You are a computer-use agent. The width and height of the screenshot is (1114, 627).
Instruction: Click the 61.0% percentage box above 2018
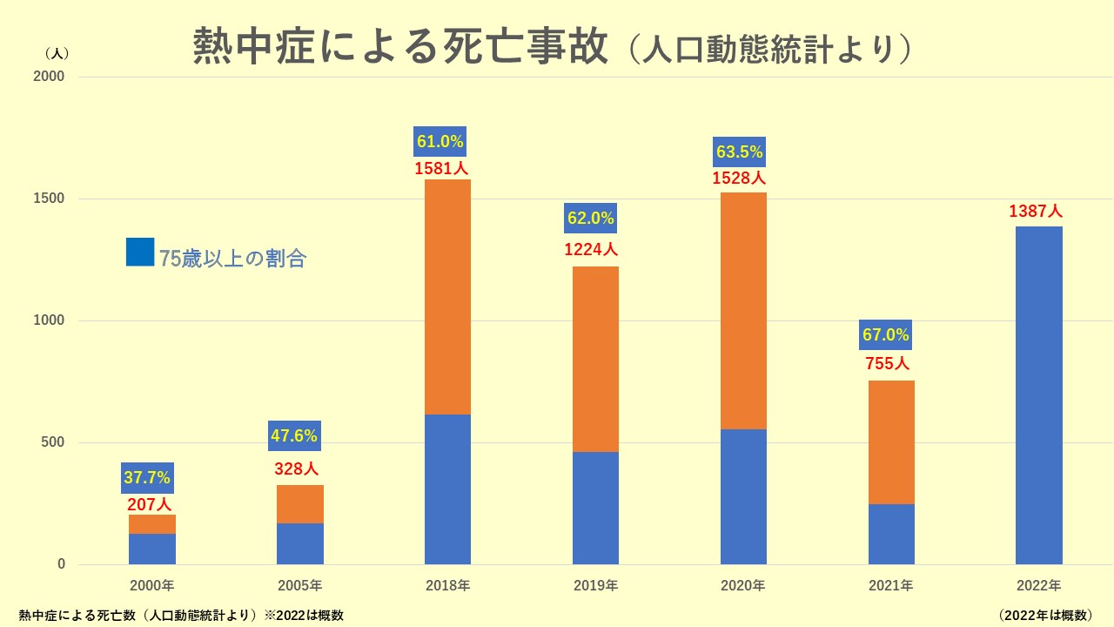pos(440,141)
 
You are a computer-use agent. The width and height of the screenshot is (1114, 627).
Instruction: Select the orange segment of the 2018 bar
pos(447,296)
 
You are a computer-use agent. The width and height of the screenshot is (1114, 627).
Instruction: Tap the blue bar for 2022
pos(1039,395)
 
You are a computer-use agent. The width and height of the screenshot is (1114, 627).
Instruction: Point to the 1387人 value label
pos(1036,212)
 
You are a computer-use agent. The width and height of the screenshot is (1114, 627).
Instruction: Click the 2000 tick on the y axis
pos(50,77)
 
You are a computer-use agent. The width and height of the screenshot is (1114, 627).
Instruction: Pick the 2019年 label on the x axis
pos(595,585)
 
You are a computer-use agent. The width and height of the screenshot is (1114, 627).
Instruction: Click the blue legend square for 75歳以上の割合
pos(140,252)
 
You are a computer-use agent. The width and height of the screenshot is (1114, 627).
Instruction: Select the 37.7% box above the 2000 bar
pos(147,477)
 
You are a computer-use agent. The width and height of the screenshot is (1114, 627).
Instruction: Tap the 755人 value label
pos(888,364)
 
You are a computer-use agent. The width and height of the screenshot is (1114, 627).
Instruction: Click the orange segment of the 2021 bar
pos(891,442)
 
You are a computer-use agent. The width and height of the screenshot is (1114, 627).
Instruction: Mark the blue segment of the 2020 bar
pos(743,496)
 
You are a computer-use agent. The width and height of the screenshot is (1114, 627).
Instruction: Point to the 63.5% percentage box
pos(739,152)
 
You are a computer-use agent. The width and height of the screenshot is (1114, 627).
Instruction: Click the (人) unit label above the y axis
pos(56,52)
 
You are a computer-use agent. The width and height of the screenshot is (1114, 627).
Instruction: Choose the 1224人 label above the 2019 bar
pos(592,250)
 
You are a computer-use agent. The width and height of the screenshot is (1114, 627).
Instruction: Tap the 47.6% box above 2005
pos(294,435)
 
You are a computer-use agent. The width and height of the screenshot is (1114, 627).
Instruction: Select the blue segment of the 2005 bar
pos(300,543)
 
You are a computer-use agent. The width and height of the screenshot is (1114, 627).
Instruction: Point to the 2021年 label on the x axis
pos(891,585)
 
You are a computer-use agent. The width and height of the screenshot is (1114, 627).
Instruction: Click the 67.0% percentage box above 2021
pos(886,334)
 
